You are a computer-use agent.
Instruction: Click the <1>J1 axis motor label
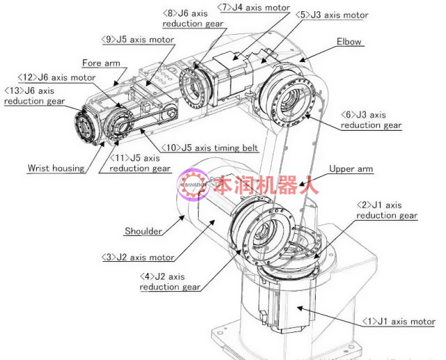pos(399,322)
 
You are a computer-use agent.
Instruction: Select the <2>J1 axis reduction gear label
pos(387,210)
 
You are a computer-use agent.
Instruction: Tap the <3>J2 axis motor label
pos(138,258)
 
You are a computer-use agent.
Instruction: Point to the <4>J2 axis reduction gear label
pos(170,282)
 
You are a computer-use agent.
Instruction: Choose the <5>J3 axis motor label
pos(332,15)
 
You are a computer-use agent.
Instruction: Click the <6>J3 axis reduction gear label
pos(371,120)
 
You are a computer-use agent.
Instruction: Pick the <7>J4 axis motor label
pos(254,8)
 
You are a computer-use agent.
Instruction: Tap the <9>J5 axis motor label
pos(138,40)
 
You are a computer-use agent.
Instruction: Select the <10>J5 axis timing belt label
pos(210,148)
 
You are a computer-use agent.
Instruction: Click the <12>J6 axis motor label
pos(56,77)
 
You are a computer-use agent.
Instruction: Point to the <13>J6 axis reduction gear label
pos(34,96)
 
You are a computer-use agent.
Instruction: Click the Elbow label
pos(348,42)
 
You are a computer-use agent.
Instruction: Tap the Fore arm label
pos(101,63)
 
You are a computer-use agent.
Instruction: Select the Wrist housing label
pos(56,169)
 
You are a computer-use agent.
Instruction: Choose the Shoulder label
pos(144,231)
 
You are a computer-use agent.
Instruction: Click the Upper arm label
pos(351,169)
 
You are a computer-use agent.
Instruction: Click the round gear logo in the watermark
pos(193,185)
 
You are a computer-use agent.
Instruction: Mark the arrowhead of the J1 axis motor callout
pos(300,308)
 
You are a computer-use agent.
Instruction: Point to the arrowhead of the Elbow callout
pos(302,60)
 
